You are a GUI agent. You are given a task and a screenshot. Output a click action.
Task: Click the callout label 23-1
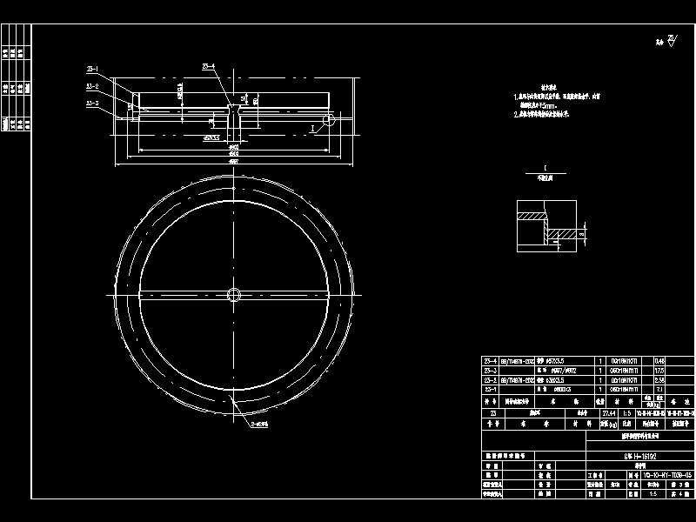(92, 69)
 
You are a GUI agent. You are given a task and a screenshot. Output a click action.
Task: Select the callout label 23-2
(92, 87)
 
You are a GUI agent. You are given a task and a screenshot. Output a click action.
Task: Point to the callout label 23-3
(92, 104)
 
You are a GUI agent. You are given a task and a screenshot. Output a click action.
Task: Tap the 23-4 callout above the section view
(209, 66)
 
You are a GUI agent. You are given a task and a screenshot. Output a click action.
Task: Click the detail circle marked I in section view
(328, 118)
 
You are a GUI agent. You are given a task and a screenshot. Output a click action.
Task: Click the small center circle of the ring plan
(233, 295)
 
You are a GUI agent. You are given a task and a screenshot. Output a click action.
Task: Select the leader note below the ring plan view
(260, 425)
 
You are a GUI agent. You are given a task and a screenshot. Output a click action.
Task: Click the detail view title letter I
(544, 165)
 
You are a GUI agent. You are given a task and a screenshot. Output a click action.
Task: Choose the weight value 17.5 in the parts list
(658, 371)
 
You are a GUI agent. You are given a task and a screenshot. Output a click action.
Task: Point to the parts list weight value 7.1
(659, 390)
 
